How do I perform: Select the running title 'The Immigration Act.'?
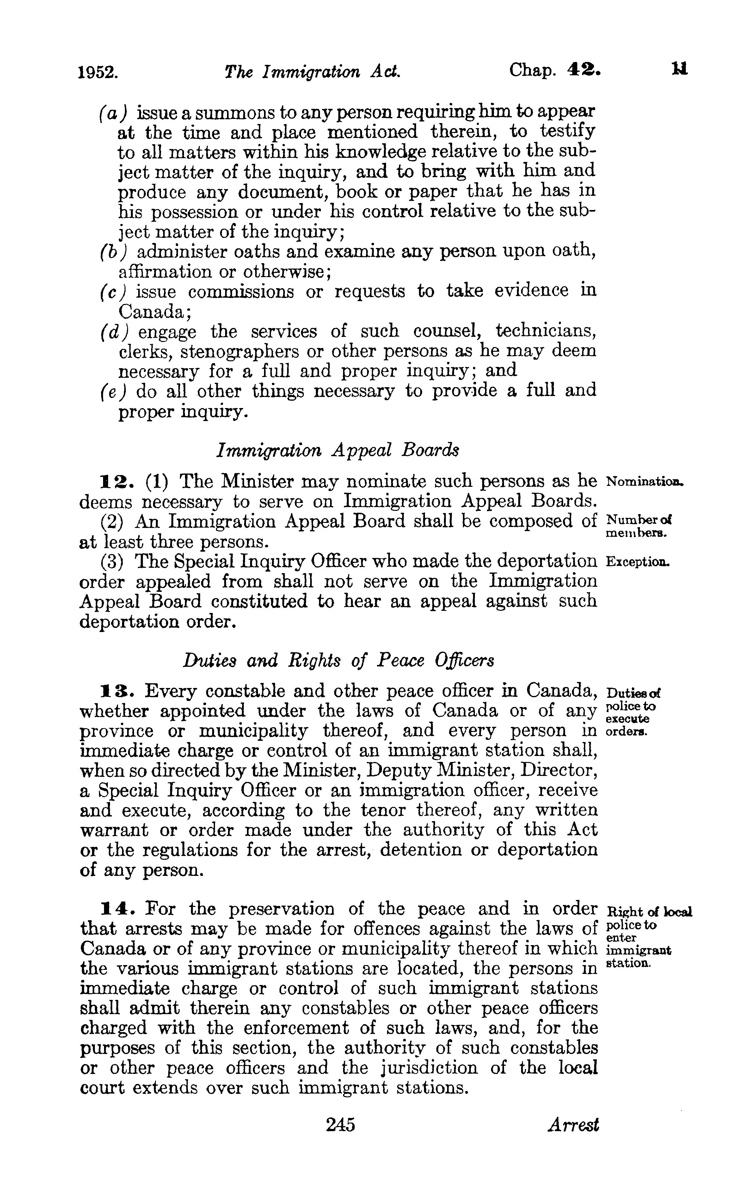tap(312, 72)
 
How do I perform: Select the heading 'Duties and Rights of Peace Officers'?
tap(338, 660)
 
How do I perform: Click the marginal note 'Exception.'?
tap(638, 562)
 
